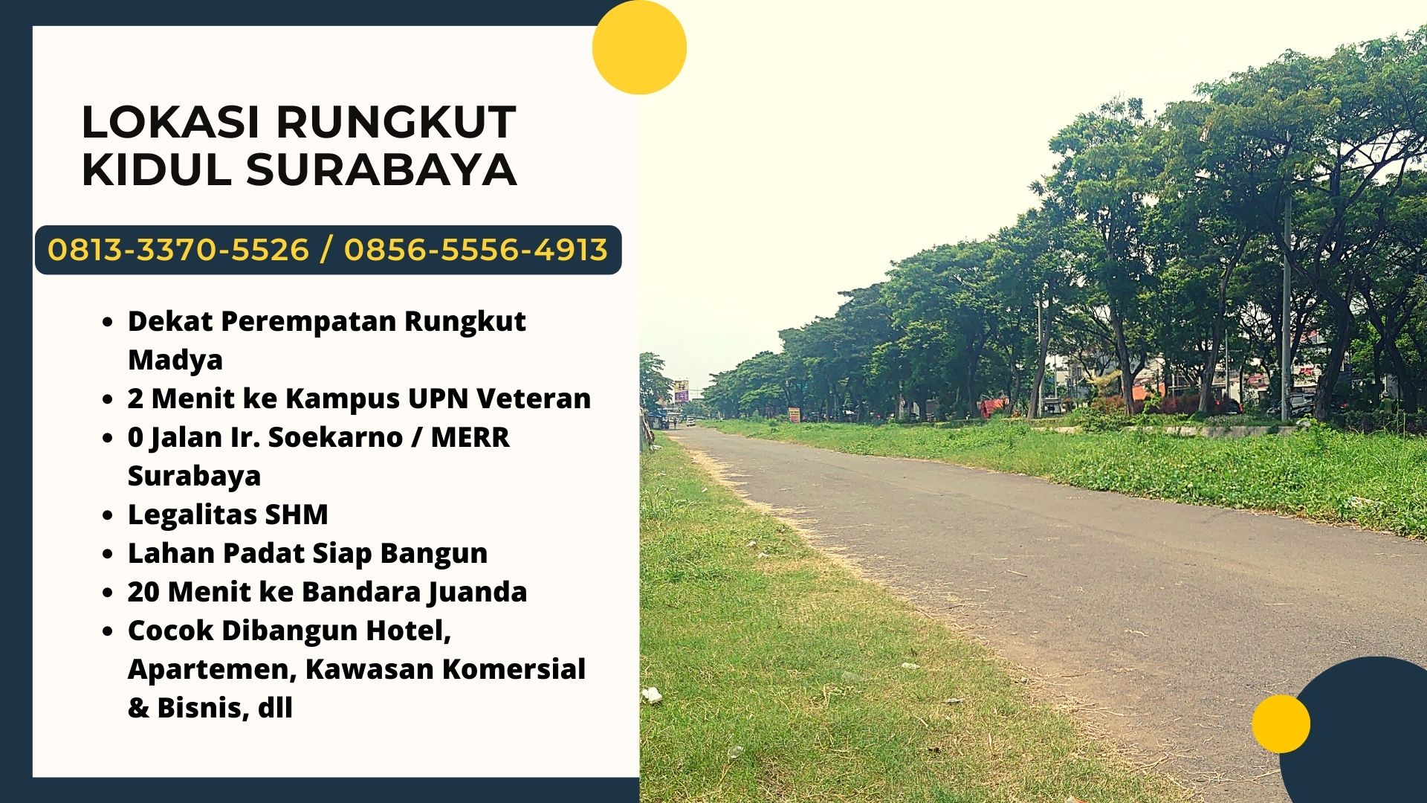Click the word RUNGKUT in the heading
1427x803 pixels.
[x=396, y=123]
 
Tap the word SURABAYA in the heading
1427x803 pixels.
[x=381, y=170]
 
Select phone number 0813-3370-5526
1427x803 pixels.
[x=178, y=250]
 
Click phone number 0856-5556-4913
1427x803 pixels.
[x=476, y=250]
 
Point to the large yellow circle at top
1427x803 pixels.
[x=639, y=47]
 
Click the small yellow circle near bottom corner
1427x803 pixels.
[x=1281, y=723]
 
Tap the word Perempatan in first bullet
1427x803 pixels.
[x=308, y=322]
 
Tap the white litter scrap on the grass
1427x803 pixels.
[x=652, y=696]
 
